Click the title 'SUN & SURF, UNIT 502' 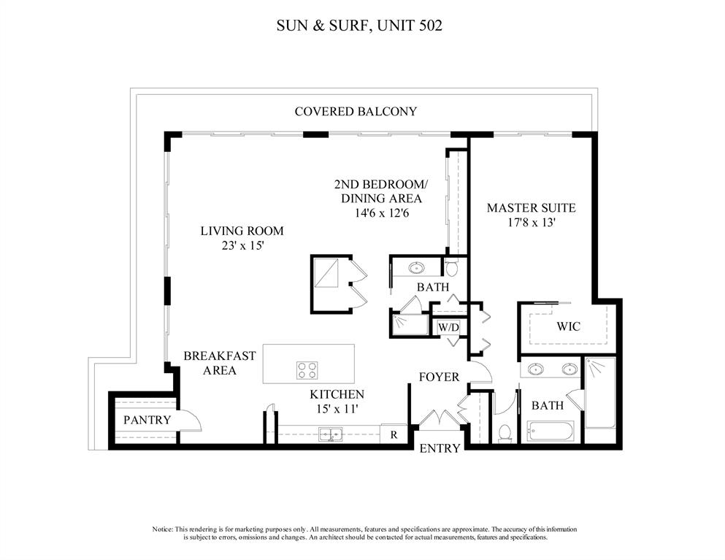point(359,26)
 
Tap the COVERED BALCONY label point(356,112)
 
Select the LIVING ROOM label point(242,231)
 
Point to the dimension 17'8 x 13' point(531,223)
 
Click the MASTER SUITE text point(531,208)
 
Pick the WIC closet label point(568,326)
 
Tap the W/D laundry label point(448,328)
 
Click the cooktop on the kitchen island point(307,370)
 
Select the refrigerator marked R point(394,434)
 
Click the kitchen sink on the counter point(330,435)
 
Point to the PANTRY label point(147,420)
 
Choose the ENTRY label point(440,448)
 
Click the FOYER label point(439,377)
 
